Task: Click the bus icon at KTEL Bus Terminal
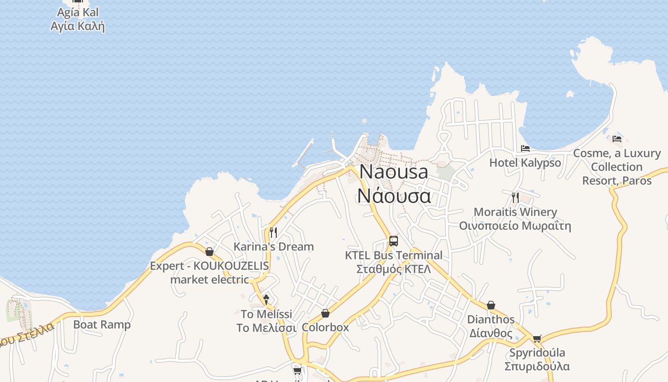point(393,241)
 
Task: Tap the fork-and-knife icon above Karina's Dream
point(273,233)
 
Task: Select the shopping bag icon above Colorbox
point(325,313)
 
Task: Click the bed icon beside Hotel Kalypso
point(525,149)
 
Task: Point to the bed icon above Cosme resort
point(617,139)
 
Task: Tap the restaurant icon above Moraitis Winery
point(515,197)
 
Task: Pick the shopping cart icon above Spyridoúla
point(537,339)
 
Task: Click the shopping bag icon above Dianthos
point(491,305)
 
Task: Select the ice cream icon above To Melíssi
point(266,299)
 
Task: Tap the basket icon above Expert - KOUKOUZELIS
point(209,252)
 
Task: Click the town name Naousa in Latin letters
point(394,172)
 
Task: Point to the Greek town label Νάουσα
point(394,196)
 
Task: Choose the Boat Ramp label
point(102,325)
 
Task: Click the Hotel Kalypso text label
point(525,163)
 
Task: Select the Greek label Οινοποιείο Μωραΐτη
point(515,226)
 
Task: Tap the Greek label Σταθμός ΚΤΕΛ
point(394,269)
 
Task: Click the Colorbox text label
point(325,328)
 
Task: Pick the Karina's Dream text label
point(273,247)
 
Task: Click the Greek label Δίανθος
point(491,333)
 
